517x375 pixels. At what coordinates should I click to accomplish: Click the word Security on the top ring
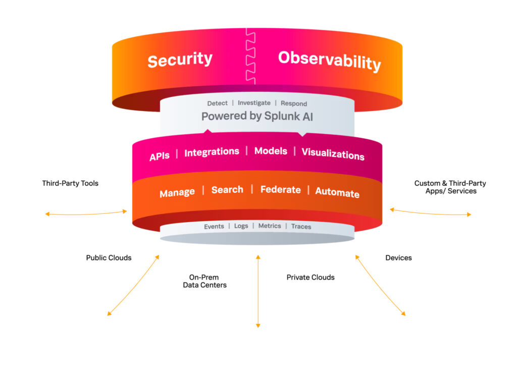[180, 60]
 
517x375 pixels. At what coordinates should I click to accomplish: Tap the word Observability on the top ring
[329, 60]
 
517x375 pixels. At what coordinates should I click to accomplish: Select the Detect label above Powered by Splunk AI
[217, 103]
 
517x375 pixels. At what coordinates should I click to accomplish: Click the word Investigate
[254, 102]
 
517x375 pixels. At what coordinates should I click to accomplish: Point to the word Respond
[293, 103]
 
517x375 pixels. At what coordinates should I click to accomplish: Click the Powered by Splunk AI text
[257, 116]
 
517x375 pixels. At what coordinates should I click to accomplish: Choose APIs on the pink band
[160, 156]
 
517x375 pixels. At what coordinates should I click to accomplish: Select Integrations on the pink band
[212, 152]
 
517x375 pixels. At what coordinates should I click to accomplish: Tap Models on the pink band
[271, 151]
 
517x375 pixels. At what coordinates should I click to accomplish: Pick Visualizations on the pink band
[333, 154]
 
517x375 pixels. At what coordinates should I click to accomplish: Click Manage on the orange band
[177, 193]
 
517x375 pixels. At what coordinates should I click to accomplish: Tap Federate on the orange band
[280, 190]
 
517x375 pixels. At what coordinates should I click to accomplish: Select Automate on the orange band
[337, 192]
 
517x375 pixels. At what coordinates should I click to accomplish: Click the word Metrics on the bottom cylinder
[270, 226]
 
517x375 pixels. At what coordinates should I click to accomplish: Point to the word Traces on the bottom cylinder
[301, 227]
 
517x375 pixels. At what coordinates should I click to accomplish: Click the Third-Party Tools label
[70, 183]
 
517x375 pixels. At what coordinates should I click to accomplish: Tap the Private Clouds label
[311, 277]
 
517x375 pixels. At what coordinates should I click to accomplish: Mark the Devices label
[398, 258]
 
